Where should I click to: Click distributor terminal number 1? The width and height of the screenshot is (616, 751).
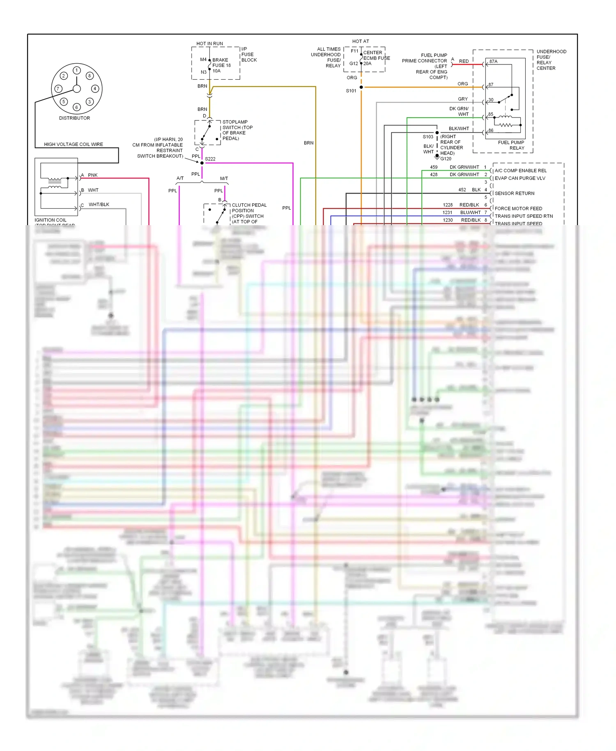click(76, 70)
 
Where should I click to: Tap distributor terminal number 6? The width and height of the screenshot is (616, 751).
click(76, 107)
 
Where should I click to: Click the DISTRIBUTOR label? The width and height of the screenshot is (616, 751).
click(74, 118)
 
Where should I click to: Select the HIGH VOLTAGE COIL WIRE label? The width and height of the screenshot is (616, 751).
click(74, 145)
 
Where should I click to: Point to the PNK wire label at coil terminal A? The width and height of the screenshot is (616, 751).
click(93, 175)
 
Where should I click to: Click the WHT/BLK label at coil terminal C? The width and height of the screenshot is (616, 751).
click(99, 205)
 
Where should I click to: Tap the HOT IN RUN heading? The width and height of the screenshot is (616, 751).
click(209, 44)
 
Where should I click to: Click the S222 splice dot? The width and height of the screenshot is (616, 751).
click(202, 163)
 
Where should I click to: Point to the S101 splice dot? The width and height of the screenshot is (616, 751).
click(361, 87)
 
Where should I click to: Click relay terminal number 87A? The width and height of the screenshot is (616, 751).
click(493, 62)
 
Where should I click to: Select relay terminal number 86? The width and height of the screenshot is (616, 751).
click(491, 131)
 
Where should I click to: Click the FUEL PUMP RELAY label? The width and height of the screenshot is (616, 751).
click(511, 145)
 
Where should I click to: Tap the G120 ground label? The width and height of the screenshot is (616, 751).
click(446, 159)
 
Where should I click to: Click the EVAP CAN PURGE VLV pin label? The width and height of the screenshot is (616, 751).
click(520, 178)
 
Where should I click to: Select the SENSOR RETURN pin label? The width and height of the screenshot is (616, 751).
click(515, 194)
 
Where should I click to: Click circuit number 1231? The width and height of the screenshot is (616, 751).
click(447, 213)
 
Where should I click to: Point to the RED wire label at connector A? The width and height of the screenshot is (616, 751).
click(464, 61)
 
